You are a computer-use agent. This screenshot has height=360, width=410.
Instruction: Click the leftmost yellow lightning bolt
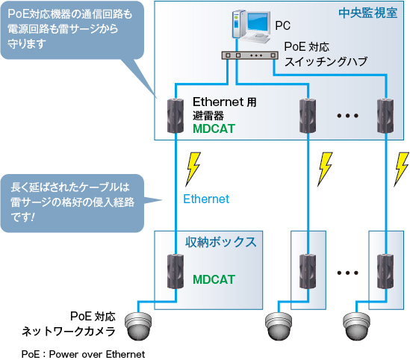click(x=193, y=168)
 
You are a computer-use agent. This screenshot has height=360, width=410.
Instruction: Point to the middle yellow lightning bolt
click(x=326, y=168)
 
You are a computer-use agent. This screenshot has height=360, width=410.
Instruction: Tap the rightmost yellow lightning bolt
click(x=403, y=168)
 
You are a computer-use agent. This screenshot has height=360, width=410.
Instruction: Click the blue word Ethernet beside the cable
click(x=206, y=199)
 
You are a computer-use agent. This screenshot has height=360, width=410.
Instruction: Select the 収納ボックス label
click(x=221, y=241)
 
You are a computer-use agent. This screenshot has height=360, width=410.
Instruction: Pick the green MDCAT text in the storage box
click(x=214, y=280)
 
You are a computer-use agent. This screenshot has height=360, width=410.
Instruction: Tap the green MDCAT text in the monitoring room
click(x=214, y=128)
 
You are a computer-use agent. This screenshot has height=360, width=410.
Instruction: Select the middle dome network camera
click(x=281, y=325)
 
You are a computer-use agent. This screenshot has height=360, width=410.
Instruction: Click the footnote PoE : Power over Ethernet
click(x=83, y=353)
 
